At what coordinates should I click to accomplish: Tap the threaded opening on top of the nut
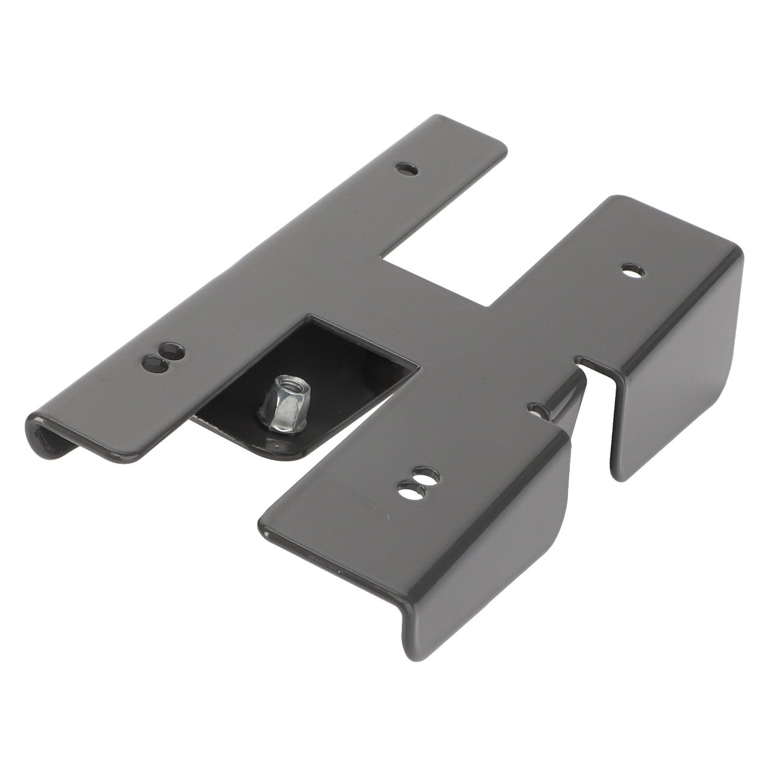pyautogui.click(x=281, y=382)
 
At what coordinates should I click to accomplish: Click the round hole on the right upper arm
pyautogui.click(x=632, y=271)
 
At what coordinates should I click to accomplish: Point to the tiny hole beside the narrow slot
pyautogui.click(x=534, y=410)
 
